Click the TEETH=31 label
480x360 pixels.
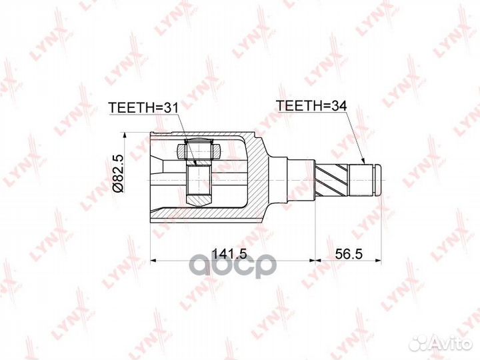click(x=143, y=107)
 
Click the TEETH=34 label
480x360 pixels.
click(x=311, y=105)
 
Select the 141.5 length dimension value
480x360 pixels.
click(x=229, y=253)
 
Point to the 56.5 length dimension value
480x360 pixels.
click(x=349, y=253)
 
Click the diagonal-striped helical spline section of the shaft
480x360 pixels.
click(x=331, y=180)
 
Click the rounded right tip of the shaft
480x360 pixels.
click(x=379, y=180)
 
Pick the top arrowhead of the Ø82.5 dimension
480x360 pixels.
click(x=124, y=136)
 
